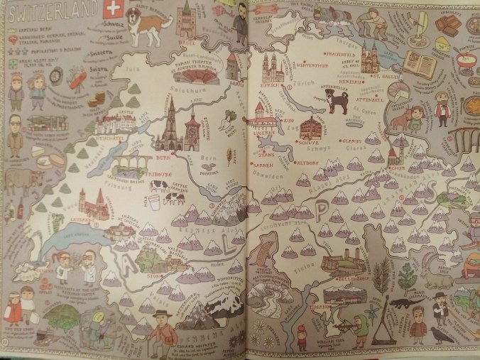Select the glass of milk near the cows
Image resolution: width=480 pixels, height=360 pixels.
point(152,200)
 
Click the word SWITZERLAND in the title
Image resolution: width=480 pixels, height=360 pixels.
point(50,13)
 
